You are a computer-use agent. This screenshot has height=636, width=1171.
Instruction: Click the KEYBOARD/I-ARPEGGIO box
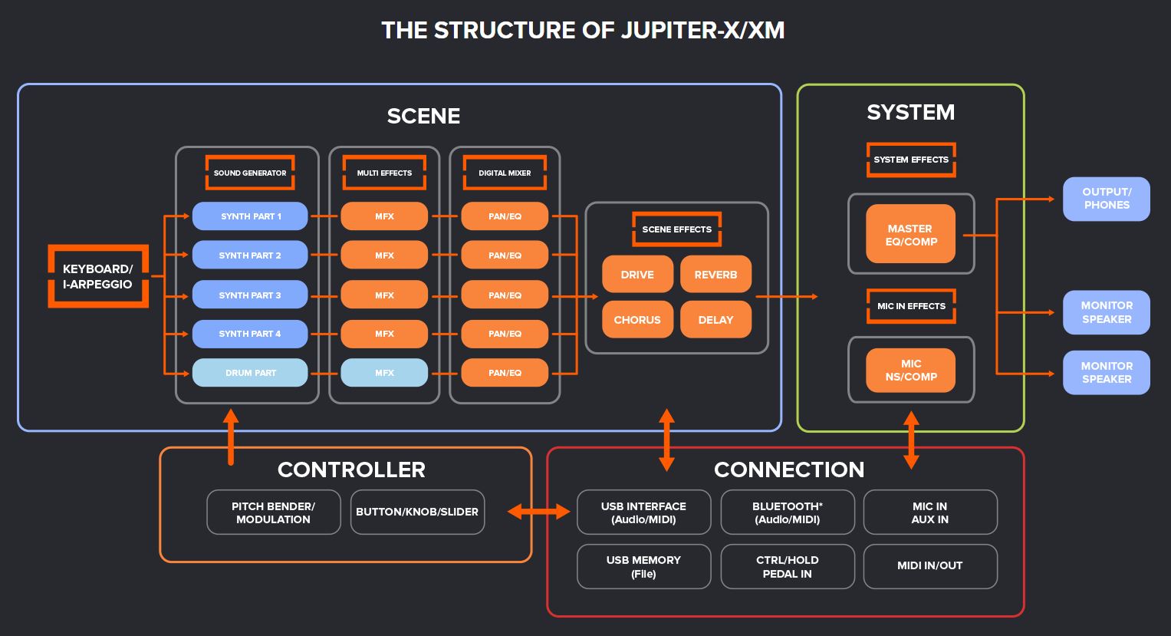(x=97, y=276)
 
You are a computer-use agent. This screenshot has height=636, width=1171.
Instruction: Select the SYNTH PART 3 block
(x=250, y=295)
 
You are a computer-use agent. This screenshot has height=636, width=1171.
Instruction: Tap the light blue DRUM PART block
(x=250, y=373)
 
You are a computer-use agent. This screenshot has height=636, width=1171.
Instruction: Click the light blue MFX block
(x=384, y=373)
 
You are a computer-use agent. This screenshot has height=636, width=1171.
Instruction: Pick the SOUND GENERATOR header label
(x=250, y=173)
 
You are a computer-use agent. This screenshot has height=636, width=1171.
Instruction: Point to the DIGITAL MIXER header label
(x=505, y=173)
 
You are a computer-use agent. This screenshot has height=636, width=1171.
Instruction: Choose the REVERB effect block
(x=715, y=275)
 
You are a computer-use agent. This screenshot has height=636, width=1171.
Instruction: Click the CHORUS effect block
(x=637, y=320)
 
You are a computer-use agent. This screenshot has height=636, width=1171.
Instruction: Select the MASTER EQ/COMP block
(x=910, y=235)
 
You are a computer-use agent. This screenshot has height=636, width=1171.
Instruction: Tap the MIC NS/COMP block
(x=911, y=370)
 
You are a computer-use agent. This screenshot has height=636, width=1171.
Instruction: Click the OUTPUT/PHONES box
(x=1106, y=199)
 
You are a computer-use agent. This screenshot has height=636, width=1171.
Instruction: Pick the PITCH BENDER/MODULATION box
(x=274, y=512)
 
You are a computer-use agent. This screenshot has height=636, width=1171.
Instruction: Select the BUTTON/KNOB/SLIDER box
(x=417, y=512)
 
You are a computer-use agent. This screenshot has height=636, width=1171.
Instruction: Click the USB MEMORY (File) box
(x=643, y=567)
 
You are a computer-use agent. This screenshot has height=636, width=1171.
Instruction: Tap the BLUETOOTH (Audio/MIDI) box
(x=787, y=512)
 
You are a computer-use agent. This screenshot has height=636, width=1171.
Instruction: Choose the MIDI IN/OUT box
(x=929, y=566)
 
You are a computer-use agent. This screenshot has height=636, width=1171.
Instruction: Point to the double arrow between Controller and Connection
(x=539, y=512)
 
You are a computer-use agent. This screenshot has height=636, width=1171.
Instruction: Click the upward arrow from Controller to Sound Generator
(x=230, y=437)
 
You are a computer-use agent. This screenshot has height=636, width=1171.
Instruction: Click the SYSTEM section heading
(x=910, y=113)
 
